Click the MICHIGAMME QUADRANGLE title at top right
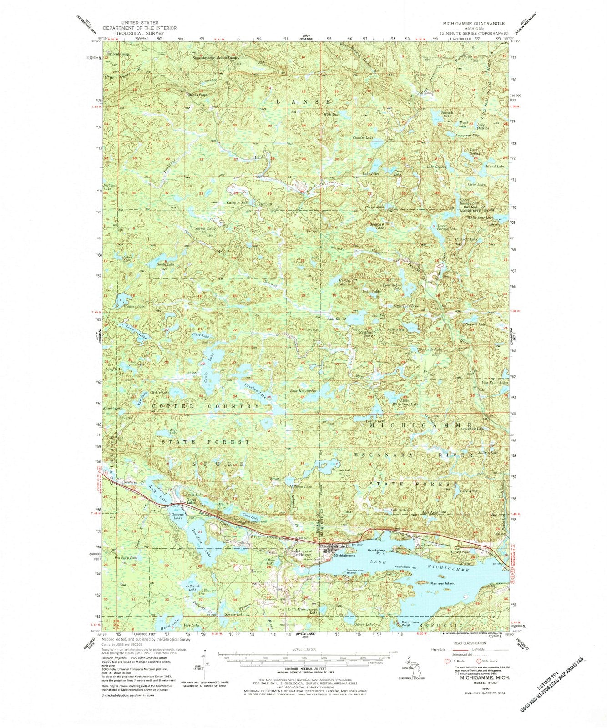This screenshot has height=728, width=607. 472,22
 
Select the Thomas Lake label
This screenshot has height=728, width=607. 342,470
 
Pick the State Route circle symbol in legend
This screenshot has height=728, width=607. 478,661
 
